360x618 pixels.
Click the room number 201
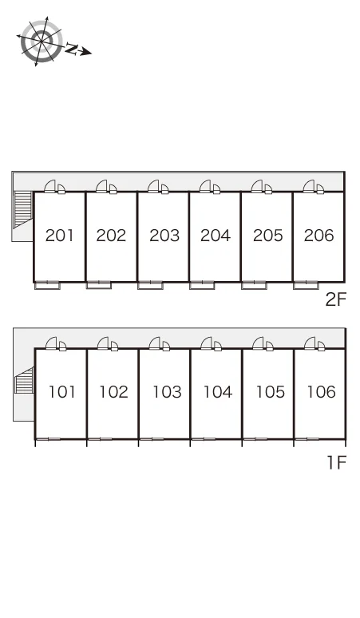pyautogui.click(x=60, y=236)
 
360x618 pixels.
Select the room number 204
pyautogui.click(x=215, y=236)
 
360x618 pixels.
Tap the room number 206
pyautogui.click(x=319, y=236)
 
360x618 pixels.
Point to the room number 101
pyautogui.click(x=61, y=392)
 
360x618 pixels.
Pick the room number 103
pyautogui.click(x=167, y=392)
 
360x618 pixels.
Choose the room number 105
pyautogui.click(x=270, y=392)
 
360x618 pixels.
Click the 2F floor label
pyautogui.click(x=335, y=300)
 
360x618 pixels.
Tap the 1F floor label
pyautogui.click(x=337, y=462)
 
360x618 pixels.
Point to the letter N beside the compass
pyautogui.click(x=72, y=49)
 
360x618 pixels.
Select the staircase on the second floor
pyautogui.click(x=23, y=210)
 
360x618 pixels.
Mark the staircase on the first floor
pyautogui.click(x=25, y=380)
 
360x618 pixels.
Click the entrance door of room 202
pyautogui.click(x=102, y=186)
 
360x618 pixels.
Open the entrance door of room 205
pyautogui.click(x=257, y=186)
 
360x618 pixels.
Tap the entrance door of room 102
pyautogui.click(x=104, y=343)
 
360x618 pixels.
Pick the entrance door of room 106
pyautogui.click(x=311, y=343)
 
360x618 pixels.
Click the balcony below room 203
pyautogui.click(x=150, y=285)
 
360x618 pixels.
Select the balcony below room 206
pyautogui.click(x=306, y=285)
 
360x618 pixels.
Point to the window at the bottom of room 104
pyautogui.click(x=204, y=438)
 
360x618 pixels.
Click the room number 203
pyautogui.click(x=164, y=236)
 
